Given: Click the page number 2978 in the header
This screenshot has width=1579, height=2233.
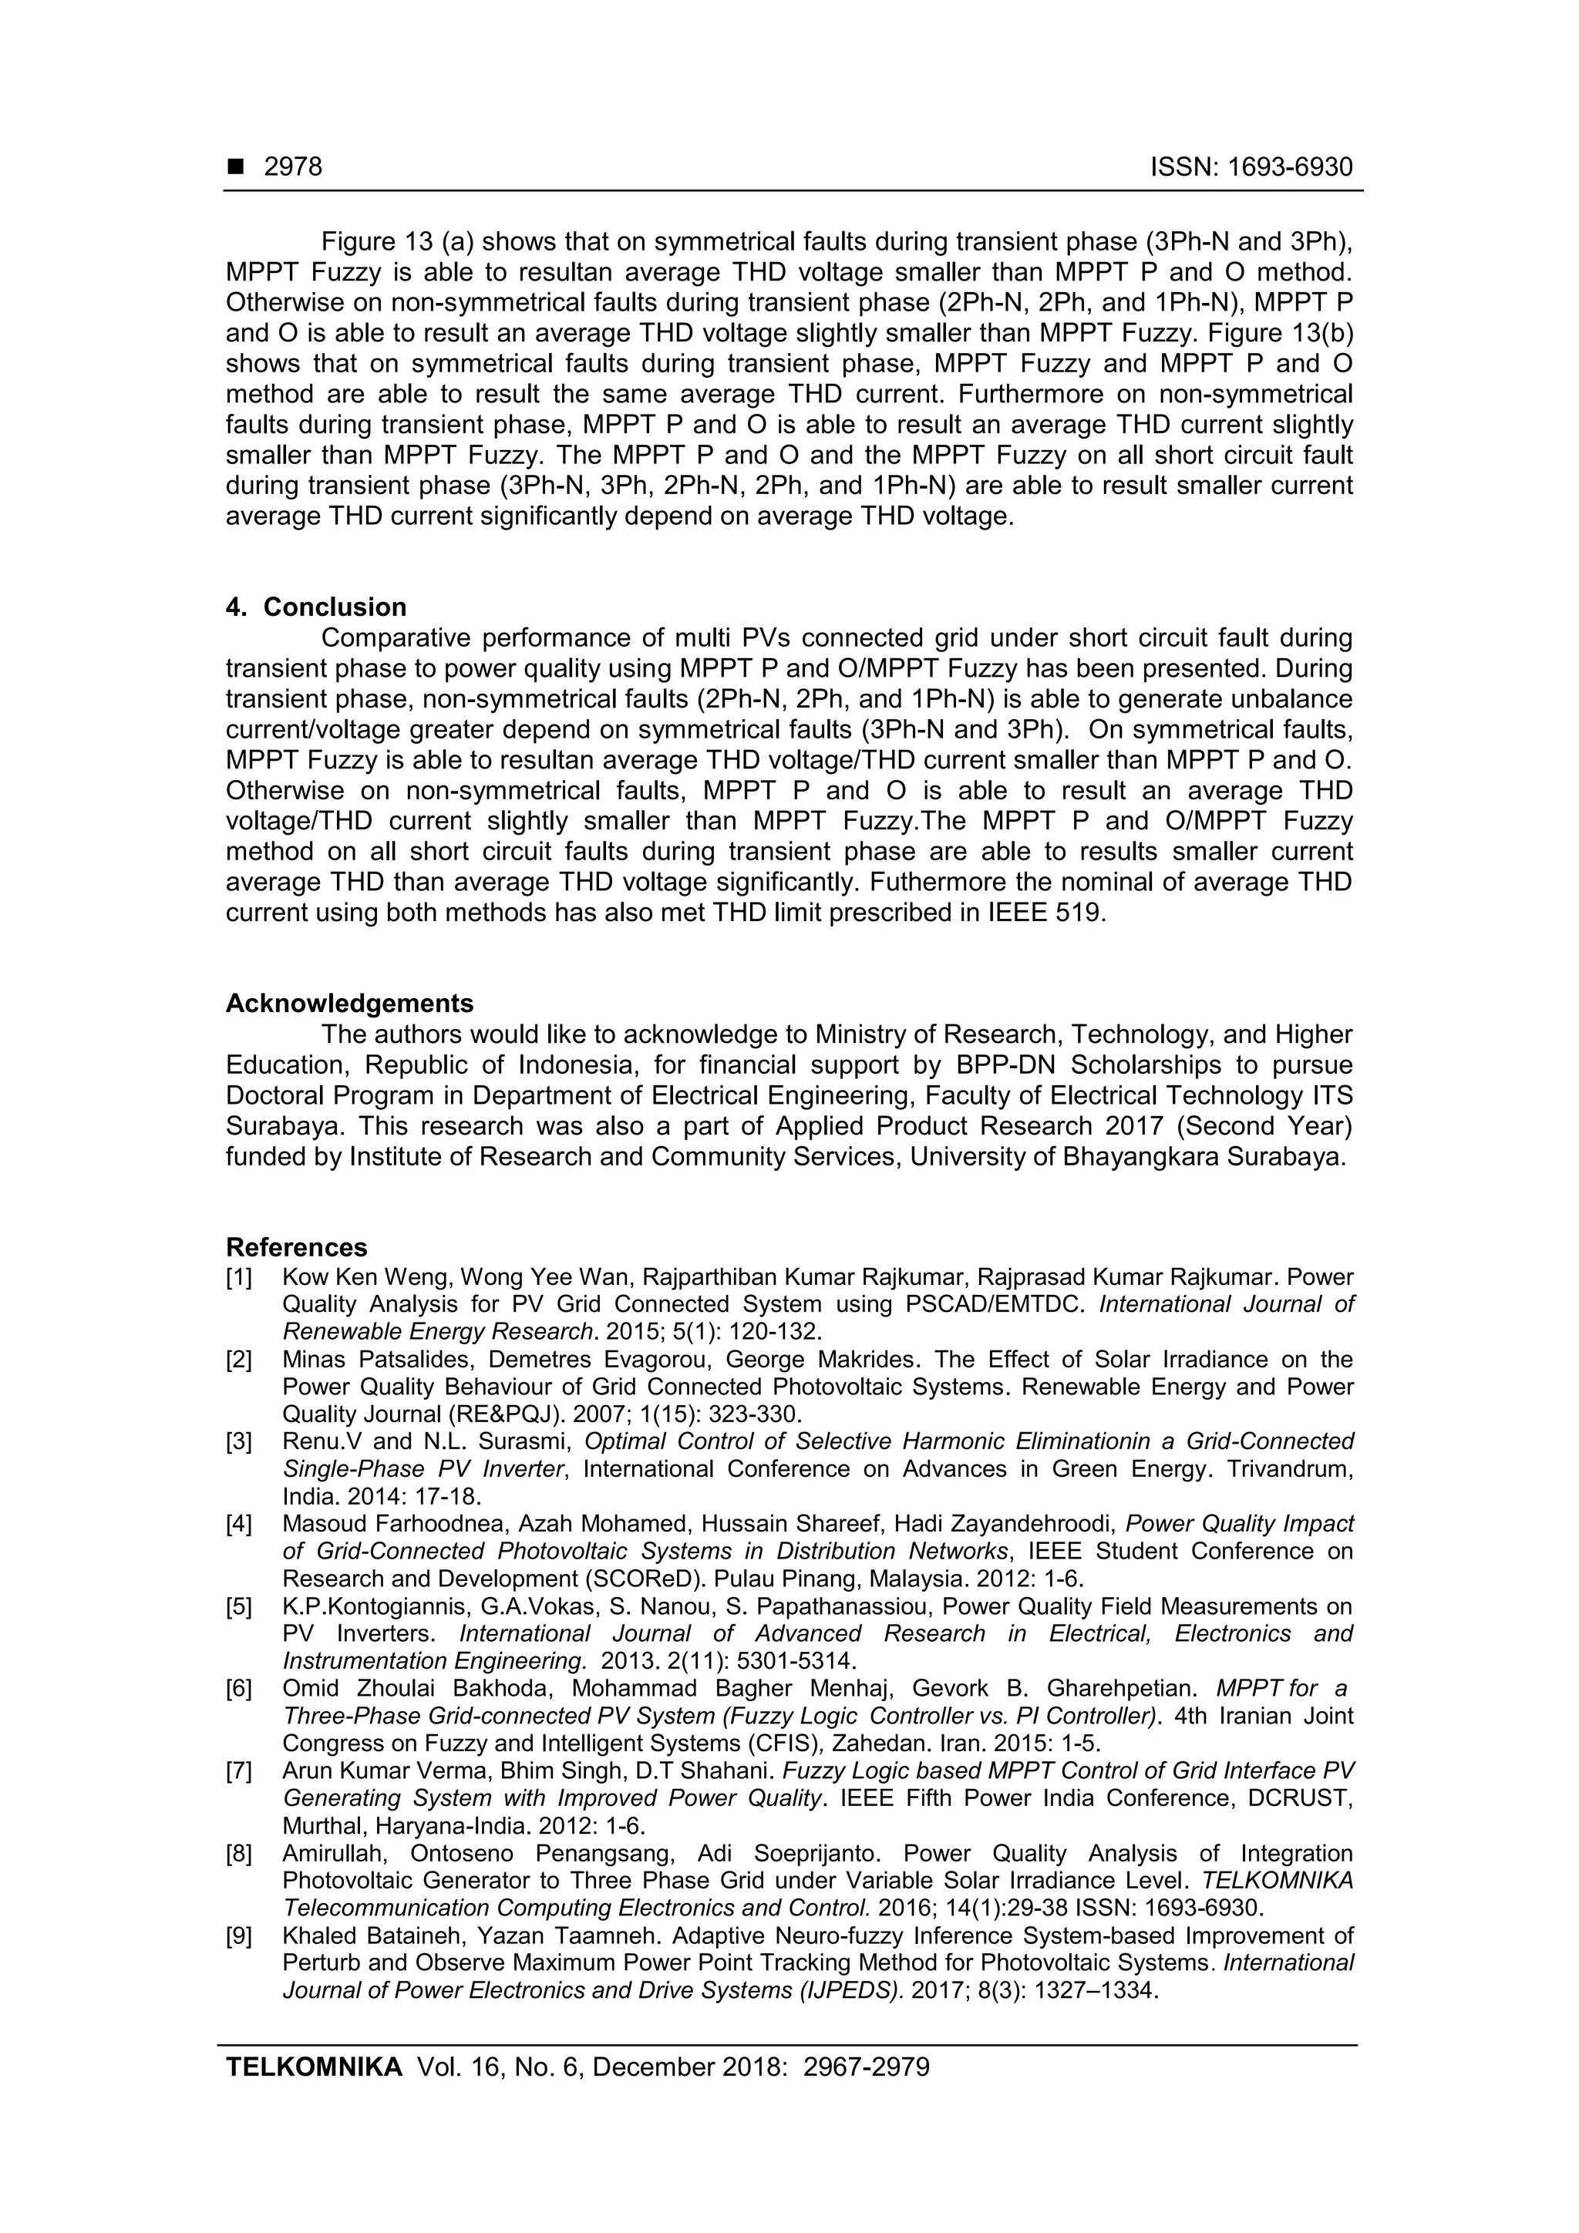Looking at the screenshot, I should click(x=293, y=167).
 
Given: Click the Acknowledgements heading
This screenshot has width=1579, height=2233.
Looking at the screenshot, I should click(x=349, y=1003).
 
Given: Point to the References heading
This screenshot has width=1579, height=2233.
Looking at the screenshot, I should click(x=297, y=1247).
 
